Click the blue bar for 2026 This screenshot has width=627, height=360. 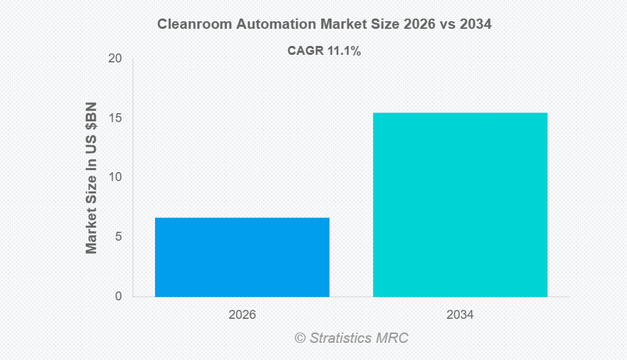pyautogui.click(x=242, y=257)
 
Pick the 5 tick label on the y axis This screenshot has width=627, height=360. pyautogui.click(x=119, y=237)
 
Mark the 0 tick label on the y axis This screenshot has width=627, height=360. pyautogui.click(x=119, y=296)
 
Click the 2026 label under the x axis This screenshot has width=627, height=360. pyautogui.click(x=242, y=315)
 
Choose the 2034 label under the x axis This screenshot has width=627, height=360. pyautogui.click(x=460, y=315)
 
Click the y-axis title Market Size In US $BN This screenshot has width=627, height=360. pyautogui.click(x=91, y=178)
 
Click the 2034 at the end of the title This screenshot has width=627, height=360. pyautogui.click(x=476, y=24)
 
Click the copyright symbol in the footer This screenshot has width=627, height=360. pyautogui.click(x=300, y=338)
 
